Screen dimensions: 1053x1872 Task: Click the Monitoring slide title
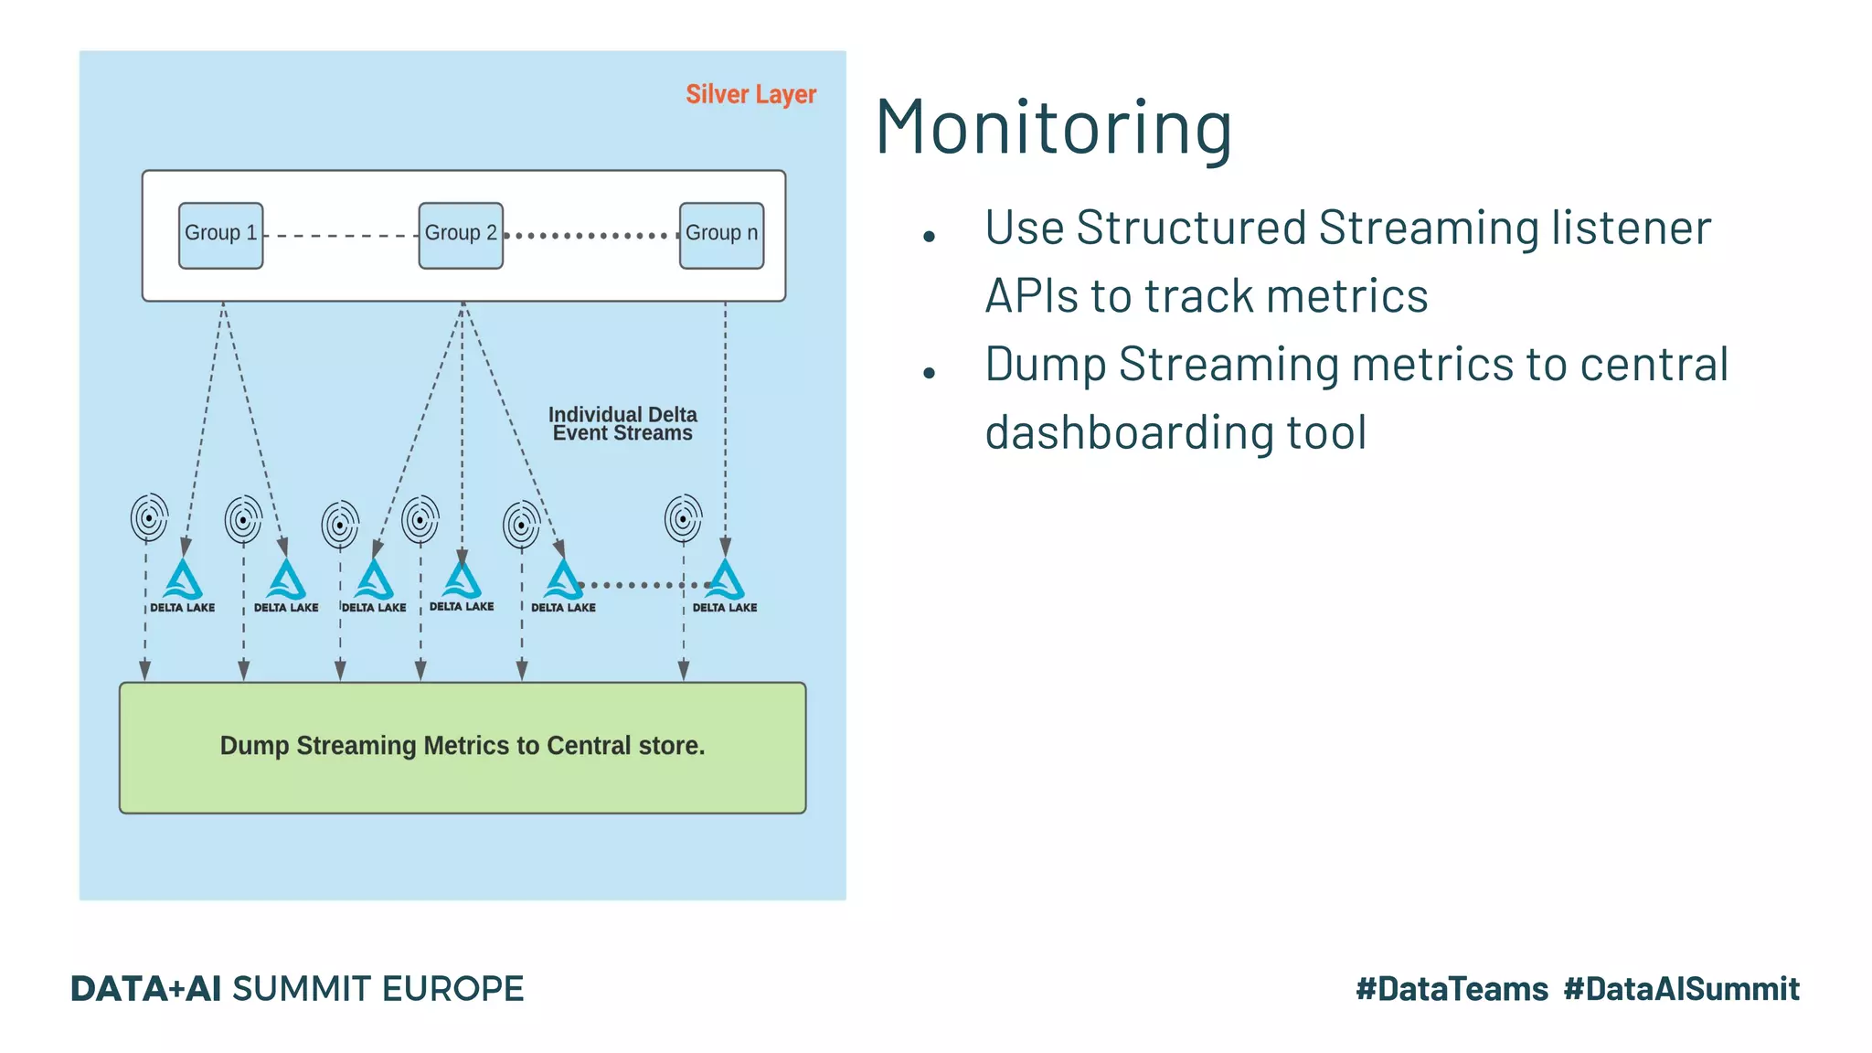(x=1053, y=127)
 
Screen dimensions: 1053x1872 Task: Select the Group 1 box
(x=220, y=235)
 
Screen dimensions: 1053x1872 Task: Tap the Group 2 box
(x=461, y=235)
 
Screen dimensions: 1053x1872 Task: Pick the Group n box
(x=721, y=235)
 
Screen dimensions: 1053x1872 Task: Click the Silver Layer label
(x=750, y=94)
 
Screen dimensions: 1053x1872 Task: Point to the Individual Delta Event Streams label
(x=622, y=424)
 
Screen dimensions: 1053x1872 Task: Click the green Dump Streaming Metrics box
(x=463, y=747)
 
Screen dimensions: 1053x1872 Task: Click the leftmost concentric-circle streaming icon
(x=149, y=518)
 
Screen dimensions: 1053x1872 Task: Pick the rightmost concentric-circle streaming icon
(x=683, y=518)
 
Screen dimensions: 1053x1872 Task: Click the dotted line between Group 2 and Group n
(x=590, y=236)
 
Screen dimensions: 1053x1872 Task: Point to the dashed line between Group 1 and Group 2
(x=340, y=236)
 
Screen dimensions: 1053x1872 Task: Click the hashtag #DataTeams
(x=1452, y=989)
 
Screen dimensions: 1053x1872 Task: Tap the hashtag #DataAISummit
(x=1681, y=989)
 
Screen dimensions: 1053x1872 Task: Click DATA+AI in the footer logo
(x=146, y=989)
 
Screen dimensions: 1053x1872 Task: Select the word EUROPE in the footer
(x=452, y=989)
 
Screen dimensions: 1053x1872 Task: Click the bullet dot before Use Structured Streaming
(x=930, y=237)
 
